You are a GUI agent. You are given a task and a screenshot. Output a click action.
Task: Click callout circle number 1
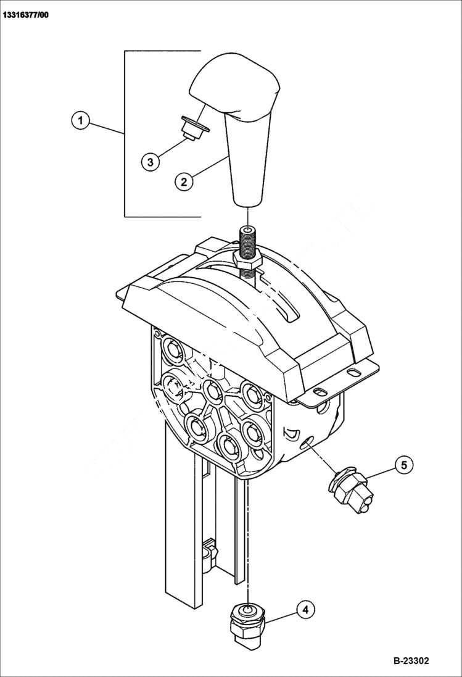point(80,119)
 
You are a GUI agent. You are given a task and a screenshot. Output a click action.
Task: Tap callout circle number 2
point(183,181)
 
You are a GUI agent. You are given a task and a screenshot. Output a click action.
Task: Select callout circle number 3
point(151,162)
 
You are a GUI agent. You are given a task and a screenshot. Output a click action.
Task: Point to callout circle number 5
point(404,464)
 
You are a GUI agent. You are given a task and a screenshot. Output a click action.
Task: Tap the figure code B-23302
point(411,660)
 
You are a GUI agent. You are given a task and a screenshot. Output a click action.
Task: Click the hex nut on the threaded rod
point(248,263)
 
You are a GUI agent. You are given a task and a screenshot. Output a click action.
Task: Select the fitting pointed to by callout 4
point(247,623)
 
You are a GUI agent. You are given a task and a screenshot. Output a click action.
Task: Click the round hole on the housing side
point(307,442)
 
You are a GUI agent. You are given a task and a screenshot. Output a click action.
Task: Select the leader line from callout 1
point(106,127)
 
